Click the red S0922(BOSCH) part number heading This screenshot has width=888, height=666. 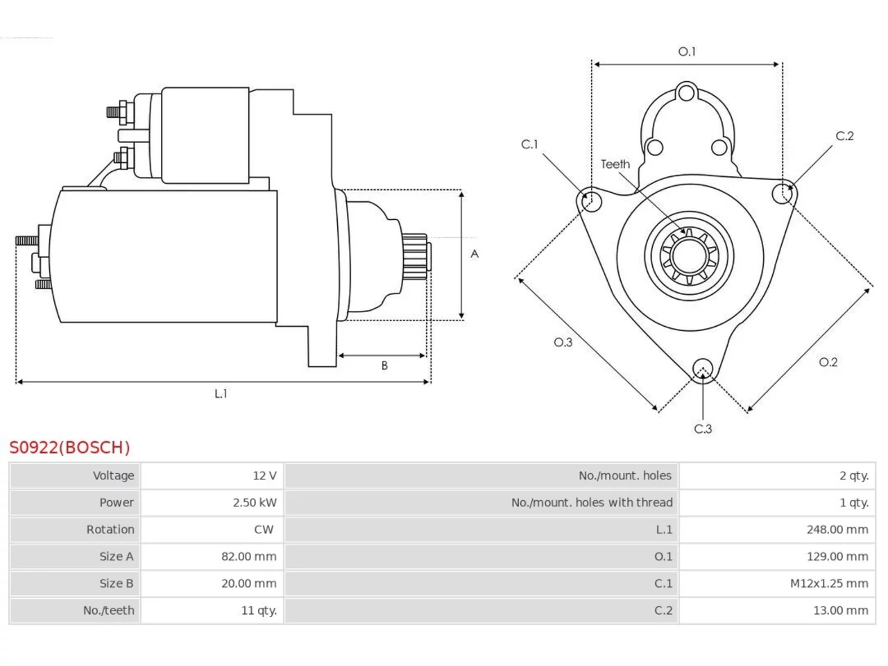(69, 447)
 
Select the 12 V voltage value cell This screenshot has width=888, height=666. (264, 475)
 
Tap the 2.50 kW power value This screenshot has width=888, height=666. (255, 503)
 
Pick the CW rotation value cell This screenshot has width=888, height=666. (264, 529)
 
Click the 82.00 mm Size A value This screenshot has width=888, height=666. (249, 556)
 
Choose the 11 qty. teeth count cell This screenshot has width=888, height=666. (259, 610)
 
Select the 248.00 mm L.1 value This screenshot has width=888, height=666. (837, 529)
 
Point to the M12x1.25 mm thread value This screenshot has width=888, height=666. (829, 583)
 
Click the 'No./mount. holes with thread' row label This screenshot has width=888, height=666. (592, 503)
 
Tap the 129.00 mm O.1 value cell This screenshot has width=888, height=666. (837, 556)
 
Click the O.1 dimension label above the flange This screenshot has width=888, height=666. (687, 52)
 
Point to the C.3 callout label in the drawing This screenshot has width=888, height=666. (703, 429)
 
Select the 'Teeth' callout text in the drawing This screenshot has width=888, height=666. (615, 164)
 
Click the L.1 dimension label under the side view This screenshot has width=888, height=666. (221, 393)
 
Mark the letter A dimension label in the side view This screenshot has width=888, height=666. (475, 254)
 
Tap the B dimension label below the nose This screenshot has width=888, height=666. (384, 366)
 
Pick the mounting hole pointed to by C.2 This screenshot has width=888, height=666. (783, 194)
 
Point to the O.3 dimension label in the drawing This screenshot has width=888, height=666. (563, 343)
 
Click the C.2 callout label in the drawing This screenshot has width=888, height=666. (845, 136)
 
